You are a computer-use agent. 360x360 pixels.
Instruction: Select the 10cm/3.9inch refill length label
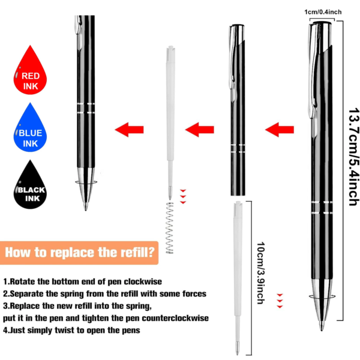point(259,272)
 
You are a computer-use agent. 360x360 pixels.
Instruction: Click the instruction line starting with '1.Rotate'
point(83,281)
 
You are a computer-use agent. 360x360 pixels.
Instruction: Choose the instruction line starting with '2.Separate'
point(105,293)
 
